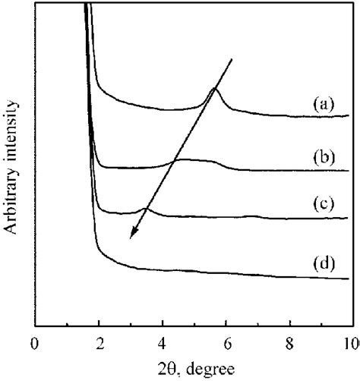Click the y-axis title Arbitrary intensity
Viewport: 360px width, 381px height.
coord(13,162)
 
